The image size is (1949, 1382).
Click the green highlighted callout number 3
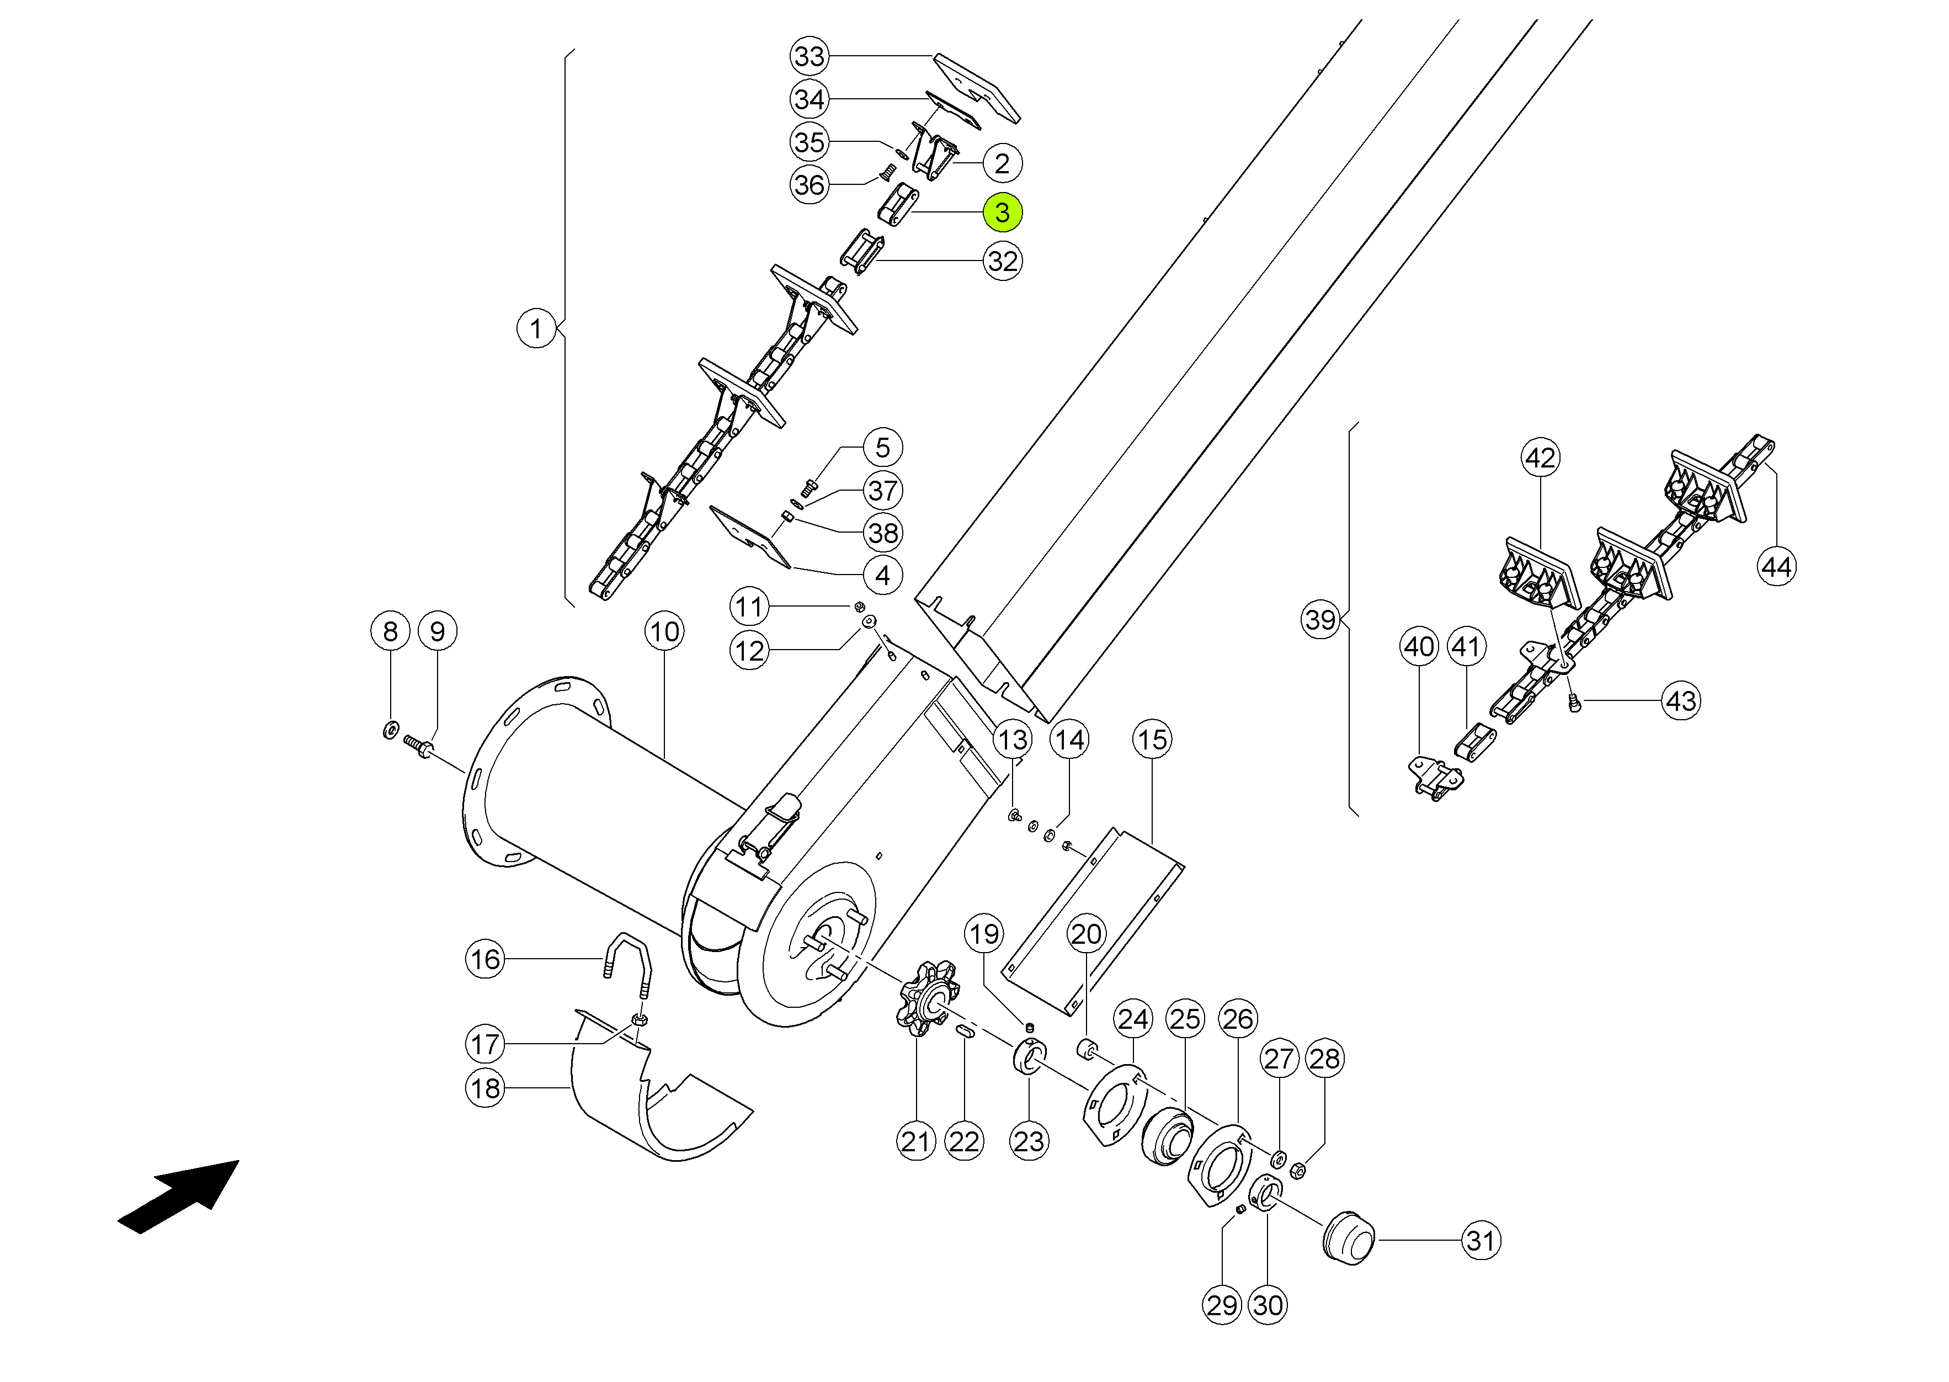pos(1002,212)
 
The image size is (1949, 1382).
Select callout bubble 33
pos(808,56)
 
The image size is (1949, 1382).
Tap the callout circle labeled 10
pos(664,631)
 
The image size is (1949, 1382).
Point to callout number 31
pos(1481,1240)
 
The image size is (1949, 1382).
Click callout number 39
pos(1320,619)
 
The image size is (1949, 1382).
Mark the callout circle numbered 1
pos(535,328)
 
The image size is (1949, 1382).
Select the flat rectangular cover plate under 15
pos(1093,923)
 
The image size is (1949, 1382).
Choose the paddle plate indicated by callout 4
pos(749,536)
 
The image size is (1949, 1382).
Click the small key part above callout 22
pos(965,1032)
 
